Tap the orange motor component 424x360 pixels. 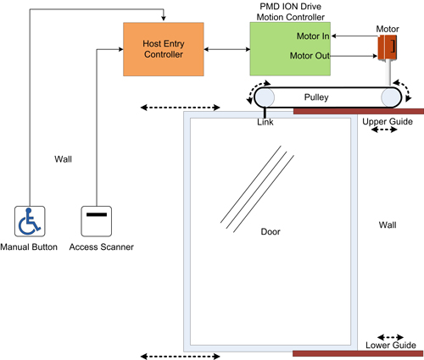click(x=387, y=47)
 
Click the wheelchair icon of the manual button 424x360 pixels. click(x=29, y=221)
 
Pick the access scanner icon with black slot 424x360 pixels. click(x=97, y=221)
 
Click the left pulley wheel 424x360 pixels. click(x=266, y=97)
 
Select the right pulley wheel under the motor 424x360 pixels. click(x=390, y=97)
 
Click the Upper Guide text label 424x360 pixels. click(x=388, y=123)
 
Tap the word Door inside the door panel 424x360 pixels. click(x=271, y=231)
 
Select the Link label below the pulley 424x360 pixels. click(x=265, y=123)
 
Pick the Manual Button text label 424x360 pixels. click(x=30, y=246)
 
